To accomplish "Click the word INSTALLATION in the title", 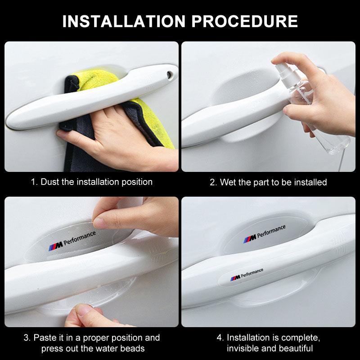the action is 124,21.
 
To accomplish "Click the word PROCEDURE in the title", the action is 244,21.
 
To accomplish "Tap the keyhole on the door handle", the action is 170,75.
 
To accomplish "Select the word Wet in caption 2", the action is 228,182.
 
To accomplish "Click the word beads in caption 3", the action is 132,348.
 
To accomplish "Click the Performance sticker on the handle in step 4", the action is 247,274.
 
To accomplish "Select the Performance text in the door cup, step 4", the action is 271,231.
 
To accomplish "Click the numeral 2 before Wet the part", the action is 212,182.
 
